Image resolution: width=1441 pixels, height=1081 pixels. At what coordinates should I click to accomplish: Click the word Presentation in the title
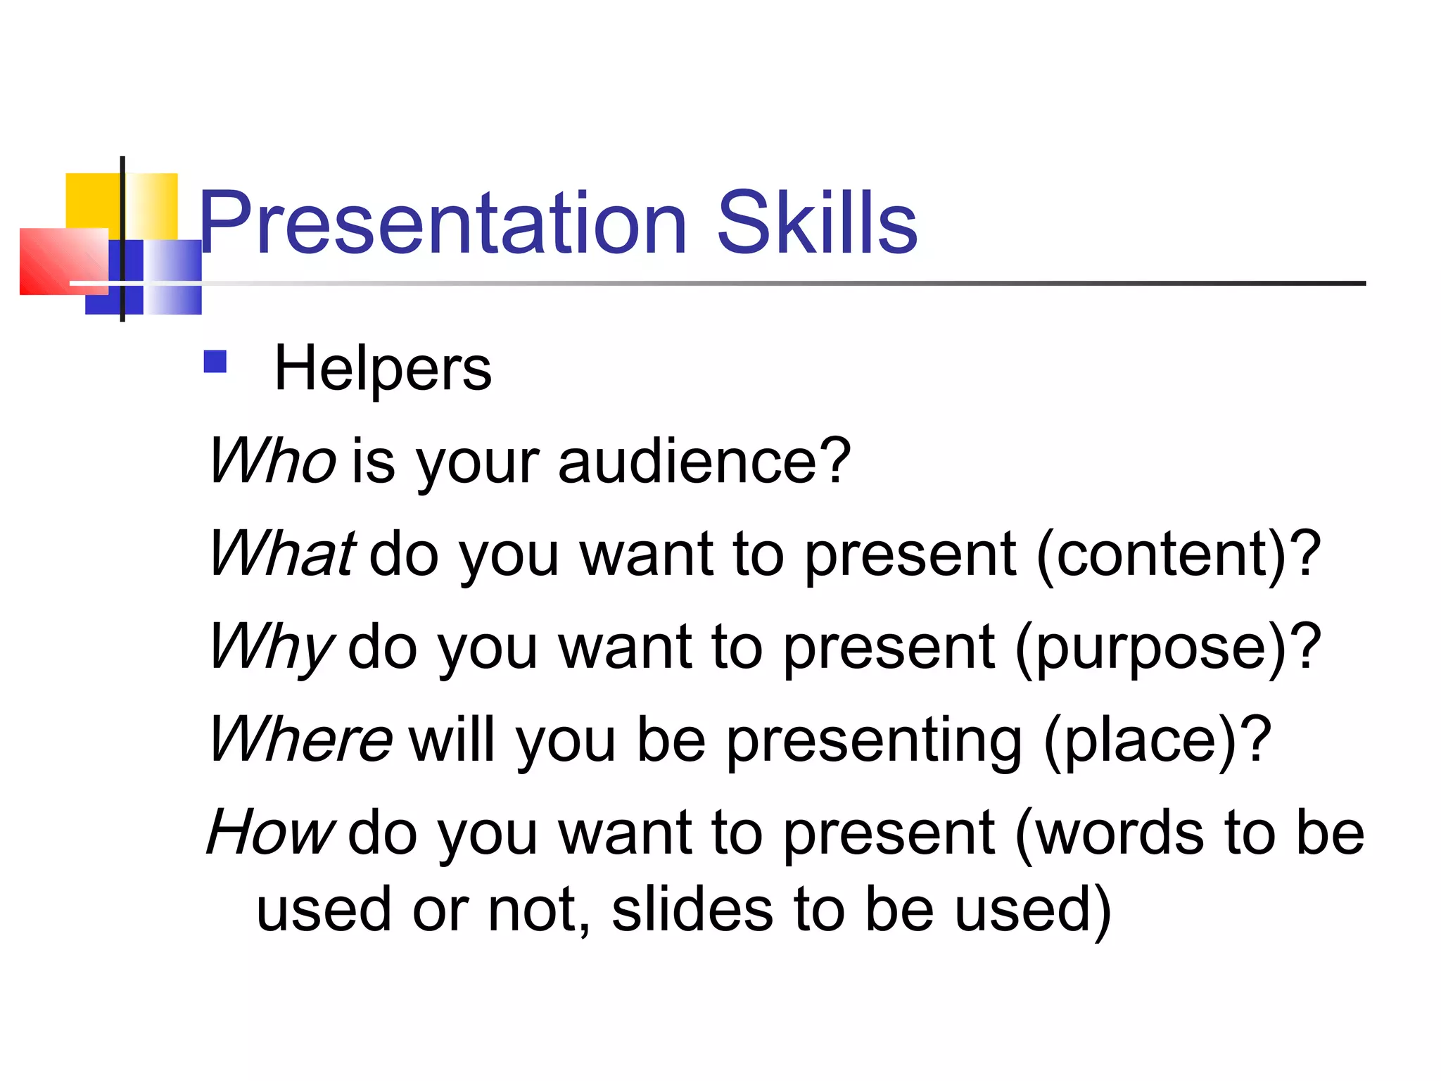pyautogui.click(x=443, y=224)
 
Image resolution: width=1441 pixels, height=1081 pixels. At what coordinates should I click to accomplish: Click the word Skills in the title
pyautogui.click(x=816, y=224)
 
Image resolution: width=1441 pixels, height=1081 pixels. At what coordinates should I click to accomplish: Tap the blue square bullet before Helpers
pyautogui.click(x=215, y=362)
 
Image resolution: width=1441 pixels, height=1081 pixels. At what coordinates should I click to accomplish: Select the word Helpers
pyautogui.click(x=383, y=369)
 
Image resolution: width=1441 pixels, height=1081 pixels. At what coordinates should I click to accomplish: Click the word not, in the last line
pyautogui.click(x=539, y=911)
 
